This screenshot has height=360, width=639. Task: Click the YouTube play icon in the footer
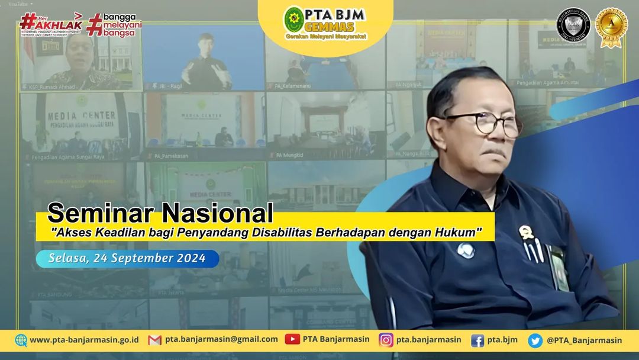coord(292,339)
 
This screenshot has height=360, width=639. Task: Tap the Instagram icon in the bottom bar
coord(386,340)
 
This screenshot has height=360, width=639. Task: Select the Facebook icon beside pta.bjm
coord(477,340)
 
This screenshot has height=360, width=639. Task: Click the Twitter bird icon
coord(535,340)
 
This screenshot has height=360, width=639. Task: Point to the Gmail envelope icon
coord(154,340)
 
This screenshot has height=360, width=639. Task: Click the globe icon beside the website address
coord(21,340)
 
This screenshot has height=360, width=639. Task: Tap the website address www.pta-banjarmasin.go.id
coord(84,340)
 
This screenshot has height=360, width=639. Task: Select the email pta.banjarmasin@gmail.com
coord(221,339)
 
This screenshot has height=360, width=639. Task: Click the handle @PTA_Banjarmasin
coord(584,340)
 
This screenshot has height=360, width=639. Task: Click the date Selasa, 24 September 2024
coord(127,258)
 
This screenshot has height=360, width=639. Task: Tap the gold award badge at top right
coord(612,27)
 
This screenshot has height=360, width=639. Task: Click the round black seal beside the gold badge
coord(573,25)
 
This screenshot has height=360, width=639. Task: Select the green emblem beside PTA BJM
coord(294,19)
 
